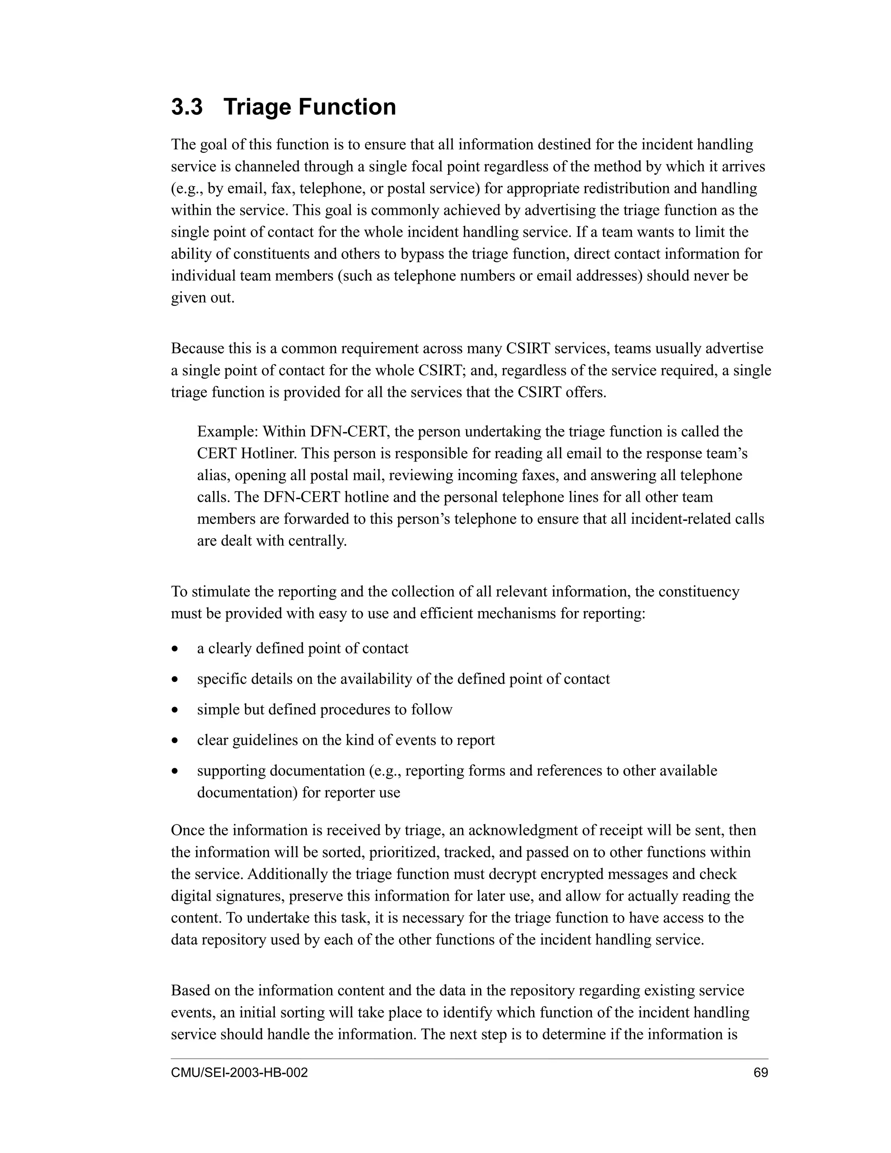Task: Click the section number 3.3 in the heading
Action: click(x=187, y=107)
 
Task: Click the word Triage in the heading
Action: click(x=257, y=107)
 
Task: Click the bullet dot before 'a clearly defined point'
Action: click(x=175, y=649)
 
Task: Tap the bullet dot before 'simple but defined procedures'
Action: click(x=175, y=710)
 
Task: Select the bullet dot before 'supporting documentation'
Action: click(x=175, y=771)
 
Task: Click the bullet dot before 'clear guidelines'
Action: click(x=175, y=741)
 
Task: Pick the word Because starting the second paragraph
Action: click(x=198, y=349)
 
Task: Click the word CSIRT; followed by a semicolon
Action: click(x=442, y=371)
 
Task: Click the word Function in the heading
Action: click(x=347, y=107)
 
